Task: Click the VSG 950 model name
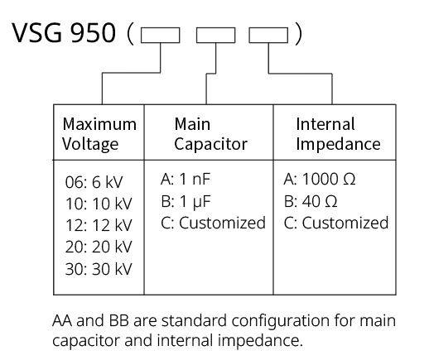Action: click(64, 32)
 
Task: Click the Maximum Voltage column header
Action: click(99, 134)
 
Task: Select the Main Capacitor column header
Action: click(211, 134)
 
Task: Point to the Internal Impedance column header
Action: click(338, 134)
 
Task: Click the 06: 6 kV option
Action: click(94, 182)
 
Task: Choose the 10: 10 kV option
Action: click(99, 204)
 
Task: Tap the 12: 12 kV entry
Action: click(99, 225)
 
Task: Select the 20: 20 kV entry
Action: click(99, 247)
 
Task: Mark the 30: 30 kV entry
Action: click(99, 269)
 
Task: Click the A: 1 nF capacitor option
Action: click(186, 179)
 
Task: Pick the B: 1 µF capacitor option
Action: click(186, 201)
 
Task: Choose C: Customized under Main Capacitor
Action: click(213, 223)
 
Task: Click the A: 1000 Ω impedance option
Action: click(320, 179)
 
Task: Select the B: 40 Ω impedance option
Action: click(311, 201)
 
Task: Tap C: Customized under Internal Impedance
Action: click(336, 223)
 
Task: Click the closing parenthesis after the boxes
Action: click(298, 34)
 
